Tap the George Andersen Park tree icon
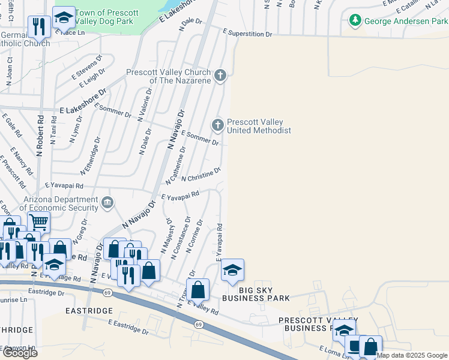click(x=355, y=21)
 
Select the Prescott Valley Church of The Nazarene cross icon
click(x=221, y=76)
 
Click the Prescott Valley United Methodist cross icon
click(x=217, y=125)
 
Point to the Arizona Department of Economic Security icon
click(x=107, y=203)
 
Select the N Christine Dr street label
click(x=201, y=175)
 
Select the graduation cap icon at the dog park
click(x=64, y=17)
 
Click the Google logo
click(x=19, y=353)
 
